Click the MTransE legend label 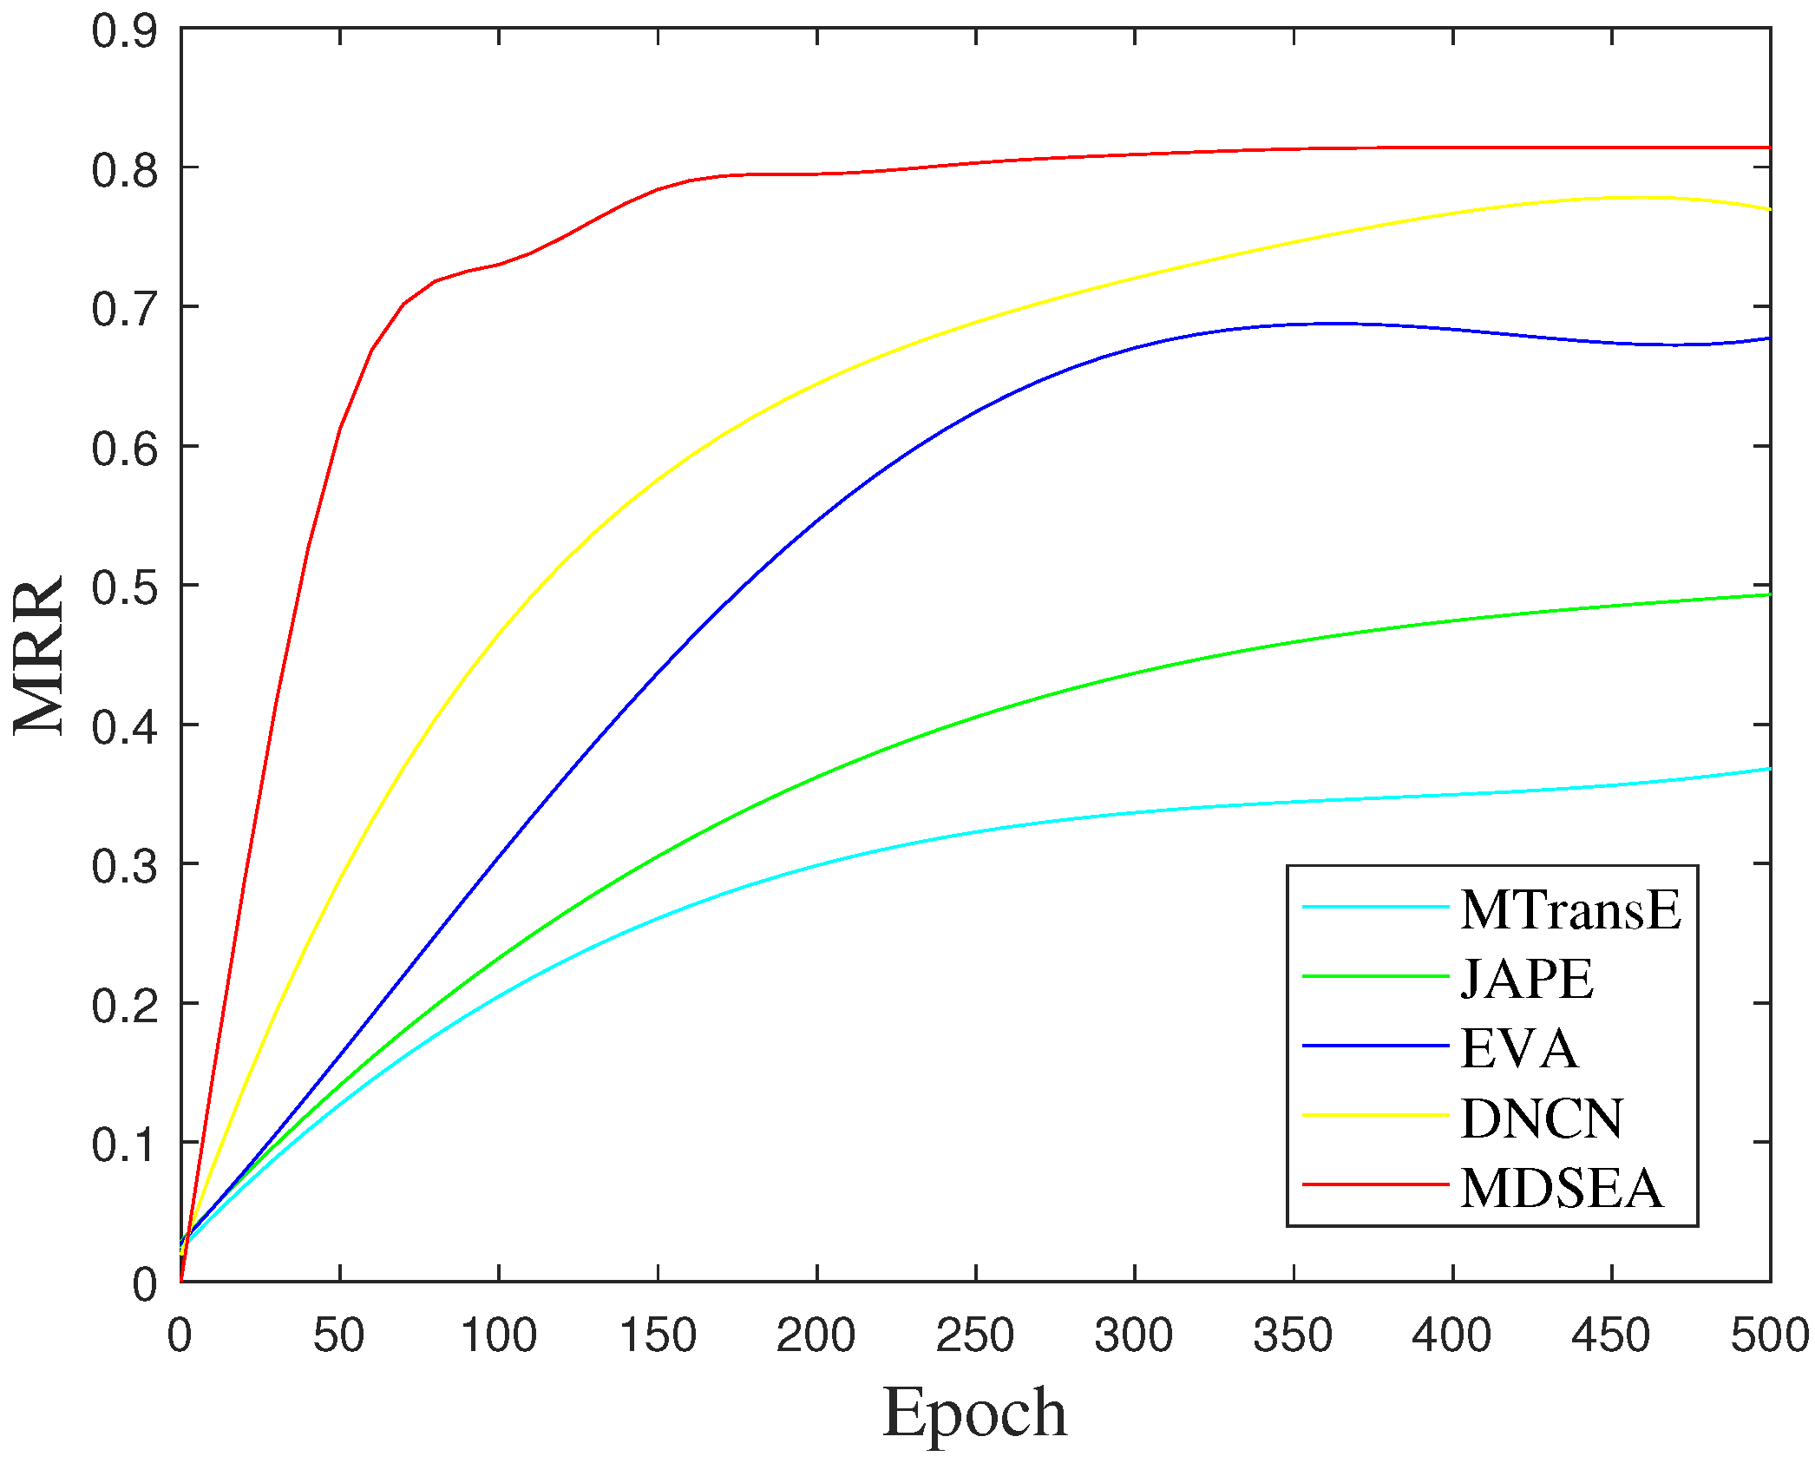[x=1570, y=910]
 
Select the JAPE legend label [x=1527, y=980]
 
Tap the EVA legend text [x=1519, y=1048]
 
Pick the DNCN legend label [x=1542, y=1119]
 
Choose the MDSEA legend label [x=1562, y=1188]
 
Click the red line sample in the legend [x=1376, y=1184]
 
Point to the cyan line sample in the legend [x=1376, y=908]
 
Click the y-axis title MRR [x=39, y=656]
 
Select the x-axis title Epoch [x=974, y=1413]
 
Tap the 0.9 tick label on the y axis [x=125, y=31]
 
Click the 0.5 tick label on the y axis [x=125, y=588]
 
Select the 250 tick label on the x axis [x=975, y=1335]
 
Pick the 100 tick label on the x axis [x=499, y=1335]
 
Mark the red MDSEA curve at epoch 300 [x=1135, y=154]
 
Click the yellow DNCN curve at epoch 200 [x=816, y=386]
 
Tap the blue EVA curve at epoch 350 [x=1294, y=324]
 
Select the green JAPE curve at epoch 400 [x=1452, y=620]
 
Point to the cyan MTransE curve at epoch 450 [x=1612, y=785]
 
